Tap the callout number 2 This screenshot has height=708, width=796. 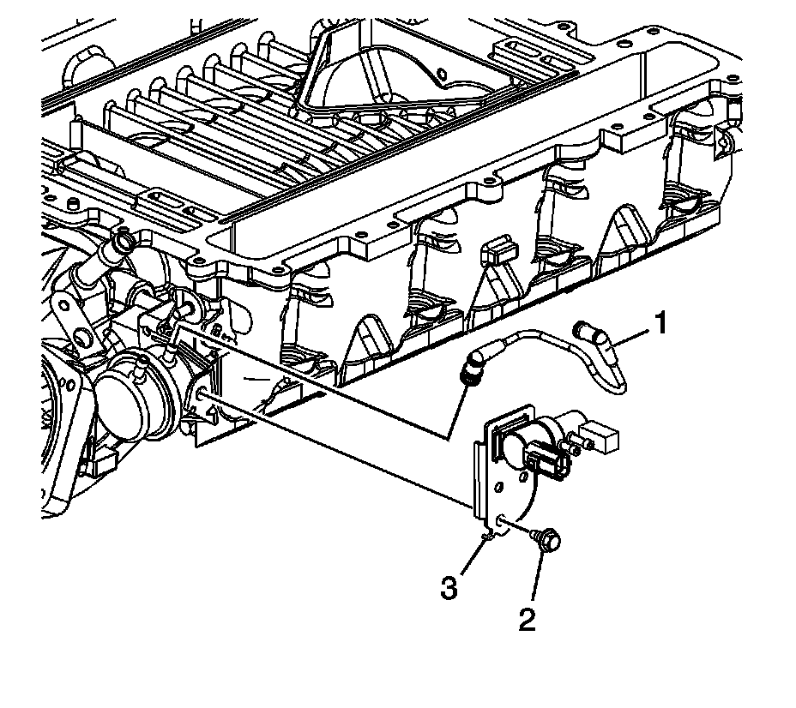526,620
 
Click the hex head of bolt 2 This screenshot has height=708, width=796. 547,541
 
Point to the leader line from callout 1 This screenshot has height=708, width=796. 630,334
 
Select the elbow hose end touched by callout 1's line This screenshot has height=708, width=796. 592,329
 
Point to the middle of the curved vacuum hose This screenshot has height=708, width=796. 549,343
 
